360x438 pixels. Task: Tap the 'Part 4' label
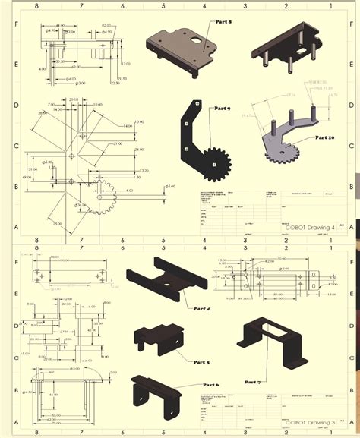coord(201,308)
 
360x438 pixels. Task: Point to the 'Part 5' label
coord(201,363)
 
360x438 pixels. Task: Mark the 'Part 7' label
coord(252,382)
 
